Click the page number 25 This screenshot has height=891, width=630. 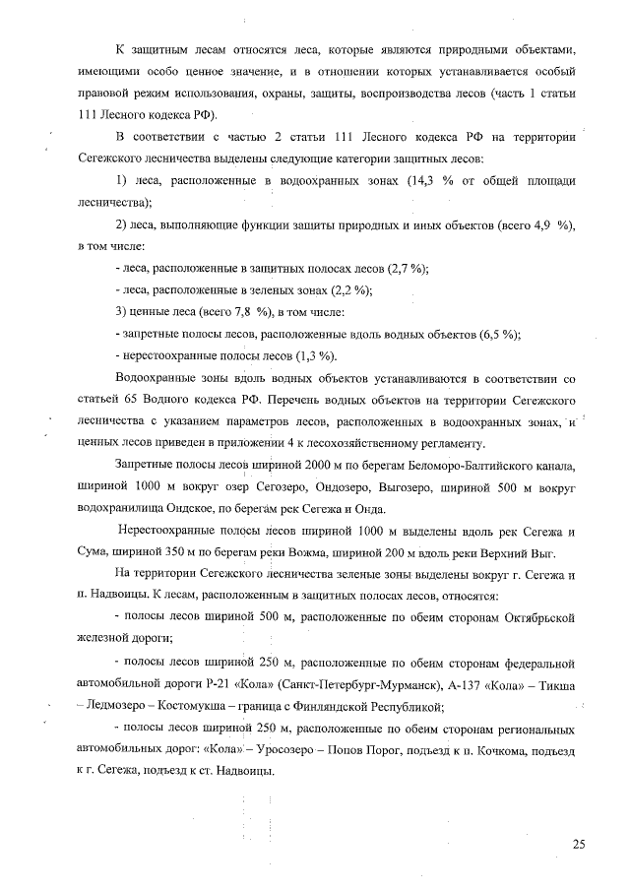click(x=578, y=843)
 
